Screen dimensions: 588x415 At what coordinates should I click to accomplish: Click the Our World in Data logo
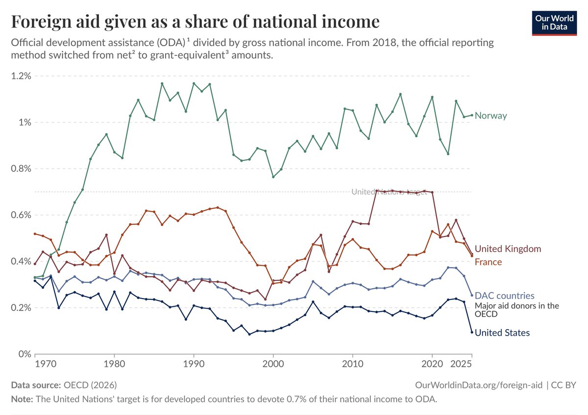pyautogui.click(x=554, y=23)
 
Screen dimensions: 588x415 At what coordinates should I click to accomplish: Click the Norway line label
pyautogui.click(x=490, y=116)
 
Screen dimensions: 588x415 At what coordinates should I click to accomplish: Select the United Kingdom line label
pyautogui.click(x=508, y=249)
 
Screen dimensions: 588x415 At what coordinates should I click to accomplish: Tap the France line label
pyautogui.click(x=488, y=262)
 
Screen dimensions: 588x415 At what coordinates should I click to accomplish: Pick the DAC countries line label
pyautogui.click(x=505, y=296)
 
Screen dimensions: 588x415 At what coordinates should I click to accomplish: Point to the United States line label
pyautogui.click(x=502, y=333)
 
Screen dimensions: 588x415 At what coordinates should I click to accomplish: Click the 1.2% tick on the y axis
pyautogui.click(x=21, y=76)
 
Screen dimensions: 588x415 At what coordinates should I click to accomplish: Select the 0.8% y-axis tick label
pyautogui.click(x=21, y=169)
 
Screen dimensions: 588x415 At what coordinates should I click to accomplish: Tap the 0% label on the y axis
pyautogui.click(x=25, y=354)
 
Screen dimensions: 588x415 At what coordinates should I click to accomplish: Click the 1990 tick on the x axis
pyautogui.click(x=194, y=364)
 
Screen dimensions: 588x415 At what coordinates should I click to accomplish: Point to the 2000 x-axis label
pyautogui.click(x=273, y=364)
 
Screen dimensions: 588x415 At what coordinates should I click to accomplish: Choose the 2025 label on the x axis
pyautogui.click(x=461, y=364)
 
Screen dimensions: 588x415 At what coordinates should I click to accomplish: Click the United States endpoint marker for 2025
pyautogui.click(x=472, y=332)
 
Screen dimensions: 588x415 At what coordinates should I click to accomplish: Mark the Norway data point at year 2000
pyautogui.click(x=273, y=177)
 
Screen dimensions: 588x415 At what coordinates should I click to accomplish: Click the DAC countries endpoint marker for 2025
pyautogui.click(x=472, y=295)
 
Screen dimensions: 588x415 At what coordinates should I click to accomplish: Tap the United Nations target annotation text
pyautogui.click(x=389, y=192)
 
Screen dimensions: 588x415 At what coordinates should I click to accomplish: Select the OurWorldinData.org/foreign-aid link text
pyautogui.click(x=479, y=385)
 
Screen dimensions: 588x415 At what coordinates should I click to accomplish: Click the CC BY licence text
pyautogui.click(x=563, y=385)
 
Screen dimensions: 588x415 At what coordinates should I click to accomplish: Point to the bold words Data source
pyautogui.click(x=36, y=385)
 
